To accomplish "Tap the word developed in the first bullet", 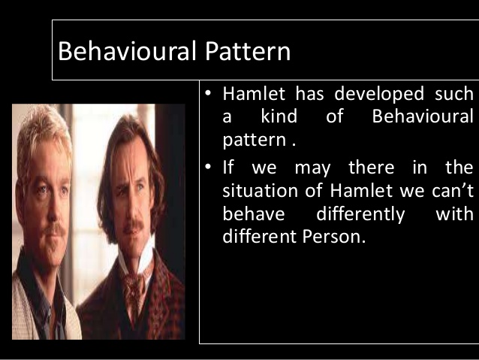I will (x=372, y=95).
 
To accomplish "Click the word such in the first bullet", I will (x=454, y=95).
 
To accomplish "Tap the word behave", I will (x=254, y=214).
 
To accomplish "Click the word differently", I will (x=360, y=214).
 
